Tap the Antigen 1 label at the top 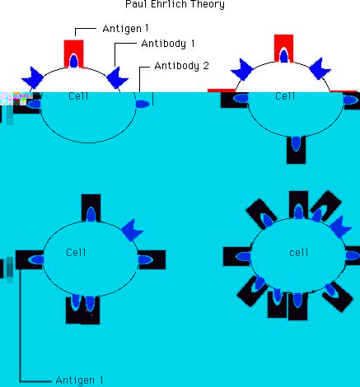point(125,29)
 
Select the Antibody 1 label point(168,44)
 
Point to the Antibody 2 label point(181,66)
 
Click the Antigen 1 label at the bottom point(79,380)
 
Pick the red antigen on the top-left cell point(73,54)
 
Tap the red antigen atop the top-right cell point(283,49)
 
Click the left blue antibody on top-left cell point(33,77)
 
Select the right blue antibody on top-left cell point(117,77)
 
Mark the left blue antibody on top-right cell point(242,69)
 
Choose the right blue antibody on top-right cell point(320,68)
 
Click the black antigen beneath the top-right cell point(296,150)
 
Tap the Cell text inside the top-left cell point(78,96)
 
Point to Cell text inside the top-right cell point(285,96)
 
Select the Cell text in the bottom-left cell point(76,253)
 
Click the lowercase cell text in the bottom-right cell point(298,253)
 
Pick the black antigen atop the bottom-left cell point(91,208)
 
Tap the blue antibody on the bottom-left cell point(132,230)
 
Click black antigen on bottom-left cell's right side point(152,259)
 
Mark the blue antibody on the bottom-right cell point(340,227)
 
